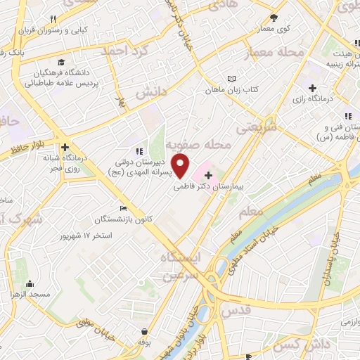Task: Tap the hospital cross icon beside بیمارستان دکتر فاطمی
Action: click(x=208, y=174)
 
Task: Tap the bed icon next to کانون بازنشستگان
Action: click(x=124, y=208)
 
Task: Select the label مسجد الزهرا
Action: click(x=30, y=295)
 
